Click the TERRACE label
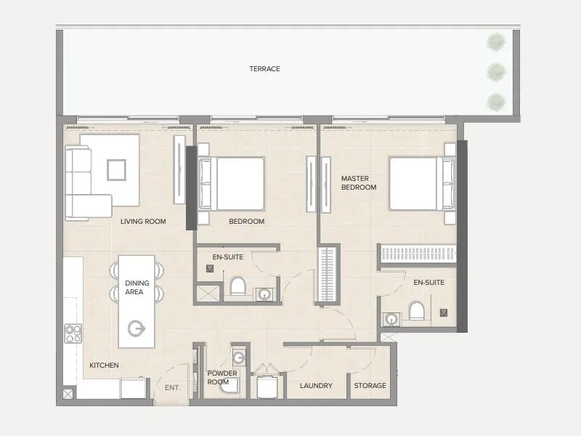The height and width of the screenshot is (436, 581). [x=264, y=68]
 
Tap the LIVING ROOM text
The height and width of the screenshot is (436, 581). [x=143, y=222]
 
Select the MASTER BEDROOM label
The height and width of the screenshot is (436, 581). [x=359, y=183]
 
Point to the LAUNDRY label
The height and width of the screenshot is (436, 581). [x=316, y=386]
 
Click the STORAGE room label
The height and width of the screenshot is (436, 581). [x=370, y=386]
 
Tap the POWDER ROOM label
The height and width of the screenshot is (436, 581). [x=222, y=377]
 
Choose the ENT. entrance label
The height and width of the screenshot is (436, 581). [x=172, y=388]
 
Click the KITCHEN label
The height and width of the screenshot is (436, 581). [x=104, y=366]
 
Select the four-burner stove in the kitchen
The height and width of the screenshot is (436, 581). [x=73, y=334]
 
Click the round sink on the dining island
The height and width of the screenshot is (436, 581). [x=136, y=328]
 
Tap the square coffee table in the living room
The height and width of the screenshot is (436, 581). [x=116, y=170]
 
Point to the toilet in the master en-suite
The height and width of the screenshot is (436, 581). [x=416, y=311]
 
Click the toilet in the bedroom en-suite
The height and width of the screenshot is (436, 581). [x=238, y=286]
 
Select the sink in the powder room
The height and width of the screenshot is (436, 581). [x=239, y=358]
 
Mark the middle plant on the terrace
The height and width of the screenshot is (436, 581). [x=496, y=72]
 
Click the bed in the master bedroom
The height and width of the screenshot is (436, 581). [x=422, y=184]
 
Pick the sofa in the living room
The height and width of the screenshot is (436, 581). [x=86, y=183]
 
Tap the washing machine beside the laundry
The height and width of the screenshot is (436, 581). [x=267, y=387]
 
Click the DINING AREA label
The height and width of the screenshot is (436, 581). [x=137, y=287]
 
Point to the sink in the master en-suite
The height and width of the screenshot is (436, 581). [x=391, y=319]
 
